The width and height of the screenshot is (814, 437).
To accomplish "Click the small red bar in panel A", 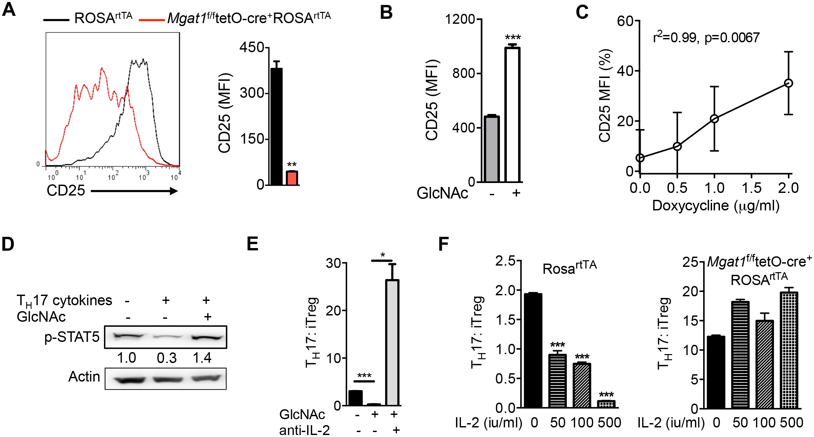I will point(292,178).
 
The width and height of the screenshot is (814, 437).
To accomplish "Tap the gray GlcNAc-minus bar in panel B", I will point(492,149).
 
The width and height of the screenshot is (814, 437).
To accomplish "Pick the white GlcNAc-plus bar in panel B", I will point(512,115).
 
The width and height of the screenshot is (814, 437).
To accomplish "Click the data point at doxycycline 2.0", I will point(788,83).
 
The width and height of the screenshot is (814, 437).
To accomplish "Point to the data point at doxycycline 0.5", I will point(677,146).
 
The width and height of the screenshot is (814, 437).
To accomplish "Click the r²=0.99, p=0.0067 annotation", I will point(706,38).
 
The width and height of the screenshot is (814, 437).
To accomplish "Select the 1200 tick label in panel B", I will point(460,19).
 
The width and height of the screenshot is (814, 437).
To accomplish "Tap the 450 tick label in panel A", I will point(252,47).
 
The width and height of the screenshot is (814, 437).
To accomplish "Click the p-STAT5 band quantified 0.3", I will point(167,337).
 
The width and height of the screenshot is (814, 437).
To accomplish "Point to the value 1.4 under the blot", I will point(202,358).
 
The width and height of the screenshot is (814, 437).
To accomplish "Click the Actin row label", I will point(84,377).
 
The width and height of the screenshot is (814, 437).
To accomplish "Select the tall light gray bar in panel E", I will point(392,343).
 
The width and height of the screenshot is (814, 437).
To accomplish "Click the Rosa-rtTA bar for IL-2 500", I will point(606,404).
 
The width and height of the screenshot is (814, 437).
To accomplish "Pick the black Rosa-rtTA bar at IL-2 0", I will point(533,350).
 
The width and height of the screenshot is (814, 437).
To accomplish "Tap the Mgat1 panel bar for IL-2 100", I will point(764,364).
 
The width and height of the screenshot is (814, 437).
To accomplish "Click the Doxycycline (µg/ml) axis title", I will point(716,205).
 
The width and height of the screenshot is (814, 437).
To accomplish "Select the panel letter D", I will point(8,244).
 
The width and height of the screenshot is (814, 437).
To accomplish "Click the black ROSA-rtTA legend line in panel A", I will point(56,20).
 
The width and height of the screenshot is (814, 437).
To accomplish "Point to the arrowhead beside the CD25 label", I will point(173,191).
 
